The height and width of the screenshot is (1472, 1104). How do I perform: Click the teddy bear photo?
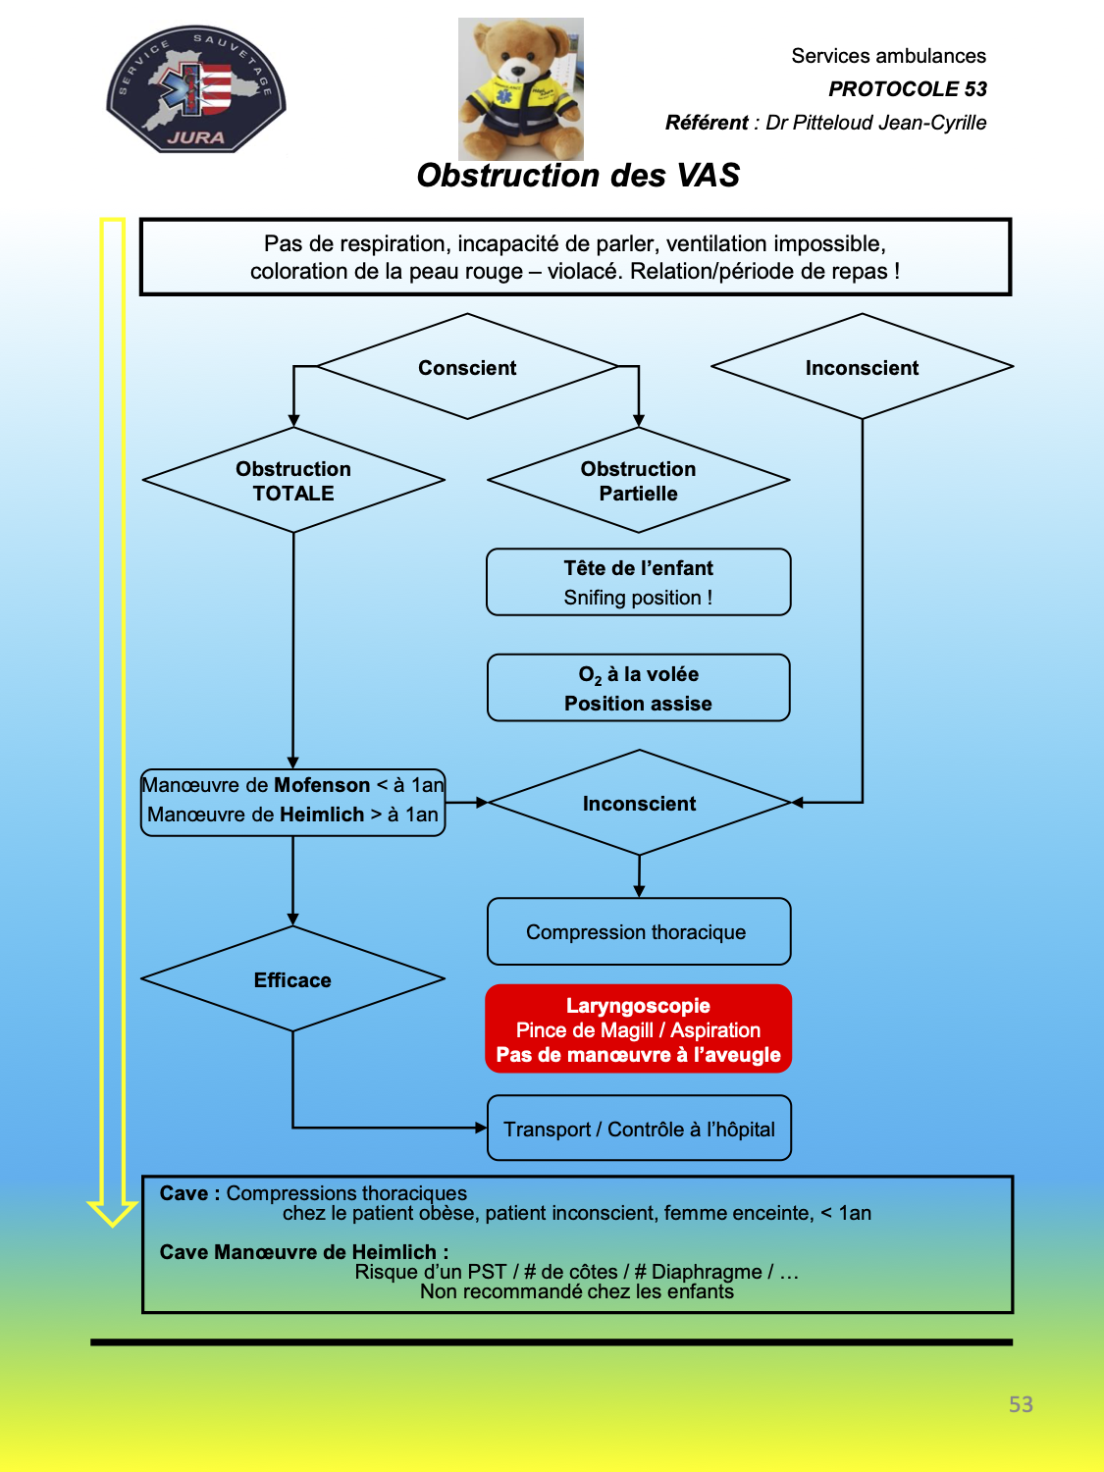(521, 88)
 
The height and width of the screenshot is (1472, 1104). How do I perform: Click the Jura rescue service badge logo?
(195, 89)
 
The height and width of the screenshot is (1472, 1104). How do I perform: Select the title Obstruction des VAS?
(578, 176)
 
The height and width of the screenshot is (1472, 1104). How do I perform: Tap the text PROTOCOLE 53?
(908, 89)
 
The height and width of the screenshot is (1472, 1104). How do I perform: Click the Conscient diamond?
(467, 367)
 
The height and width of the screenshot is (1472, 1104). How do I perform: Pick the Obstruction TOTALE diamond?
(293, 480)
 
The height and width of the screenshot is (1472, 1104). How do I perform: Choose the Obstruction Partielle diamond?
(638, 480)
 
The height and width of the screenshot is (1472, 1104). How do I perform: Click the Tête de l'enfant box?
(639, 582)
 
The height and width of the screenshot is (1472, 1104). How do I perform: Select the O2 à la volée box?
(639, 688)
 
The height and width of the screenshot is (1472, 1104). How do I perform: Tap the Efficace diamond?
(292, 979)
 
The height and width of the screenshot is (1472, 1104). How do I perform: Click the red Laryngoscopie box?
(639, 1028)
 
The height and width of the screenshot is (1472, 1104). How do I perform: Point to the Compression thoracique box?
(639, 931)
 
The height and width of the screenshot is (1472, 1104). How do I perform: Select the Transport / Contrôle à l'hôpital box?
(639, 1128)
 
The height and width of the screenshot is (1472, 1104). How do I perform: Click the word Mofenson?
(322, 785)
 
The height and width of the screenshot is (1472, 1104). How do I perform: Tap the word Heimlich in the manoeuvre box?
(322, 815)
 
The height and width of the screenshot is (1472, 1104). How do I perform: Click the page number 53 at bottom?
(1021, 1404)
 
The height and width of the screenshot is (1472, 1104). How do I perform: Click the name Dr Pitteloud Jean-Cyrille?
(876, 123)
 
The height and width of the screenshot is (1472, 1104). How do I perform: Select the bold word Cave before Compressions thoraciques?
(184, 1193)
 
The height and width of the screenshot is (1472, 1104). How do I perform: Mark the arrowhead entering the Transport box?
(481, 1128)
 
